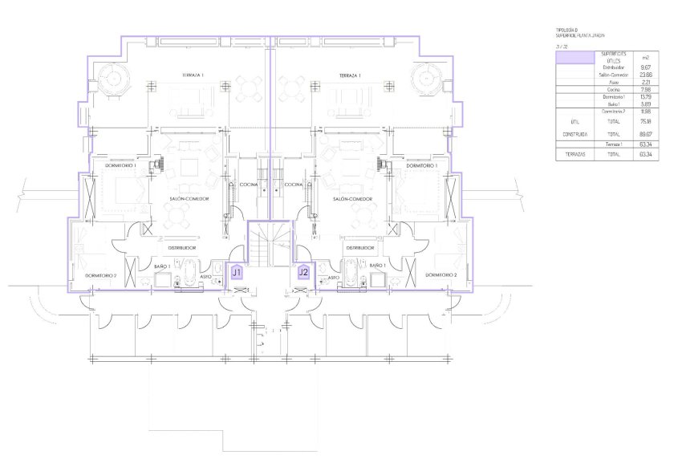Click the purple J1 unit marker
point(237,273)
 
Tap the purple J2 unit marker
point(302,273)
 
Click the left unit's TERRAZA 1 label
point(193,75)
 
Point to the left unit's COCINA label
point(249,185)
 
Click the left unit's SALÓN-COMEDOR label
point(190,198)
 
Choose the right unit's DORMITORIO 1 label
point(421,165)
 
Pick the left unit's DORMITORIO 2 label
point(102,275)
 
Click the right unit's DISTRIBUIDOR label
point(361,248)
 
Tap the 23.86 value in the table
point(644,74)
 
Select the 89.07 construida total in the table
point(644,134)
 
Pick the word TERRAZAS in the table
point(574,152)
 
